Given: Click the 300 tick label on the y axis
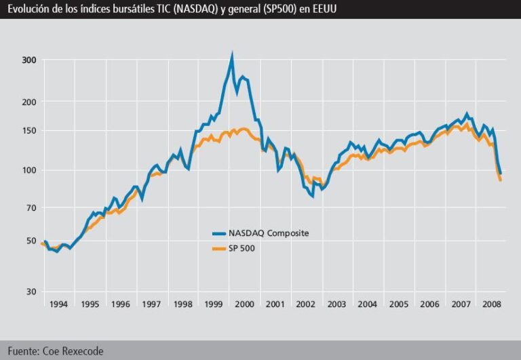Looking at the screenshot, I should pyautogui.click(x=28, y=60).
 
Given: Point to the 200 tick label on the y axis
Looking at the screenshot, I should pyautogui.click(x=28, y=102).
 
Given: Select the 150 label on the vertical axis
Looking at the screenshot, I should pyautogui.click(x=28, y=130).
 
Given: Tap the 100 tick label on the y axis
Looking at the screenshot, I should pyautogui.click(x=28, y=170).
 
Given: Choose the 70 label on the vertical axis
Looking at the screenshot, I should pyautogui.click(x=31, y=207).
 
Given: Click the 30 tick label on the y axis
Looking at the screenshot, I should pyautogui.click(x=31, y=292).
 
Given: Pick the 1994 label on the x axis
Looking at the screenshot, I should pyautogui.click(x=58, y=304).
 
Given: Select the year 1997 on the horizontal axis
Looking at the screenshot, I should pyautogui.click(x=151, y=304).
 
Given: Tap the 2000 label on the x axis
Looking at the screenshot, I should pyautogui.click(x=244, y=304).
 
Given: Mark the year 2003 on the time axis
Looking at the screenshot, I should pyautogui.click(x=337, y=304).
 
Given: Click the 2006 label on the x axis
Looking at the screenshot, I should pyautogui.click(x=429, y=304).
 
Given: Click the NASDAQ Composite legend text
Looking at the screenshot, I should pyautogui.click(x=269, y=233).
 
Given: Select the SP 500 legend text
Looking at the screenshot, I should pyautogui.click(x=242, y=248).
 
